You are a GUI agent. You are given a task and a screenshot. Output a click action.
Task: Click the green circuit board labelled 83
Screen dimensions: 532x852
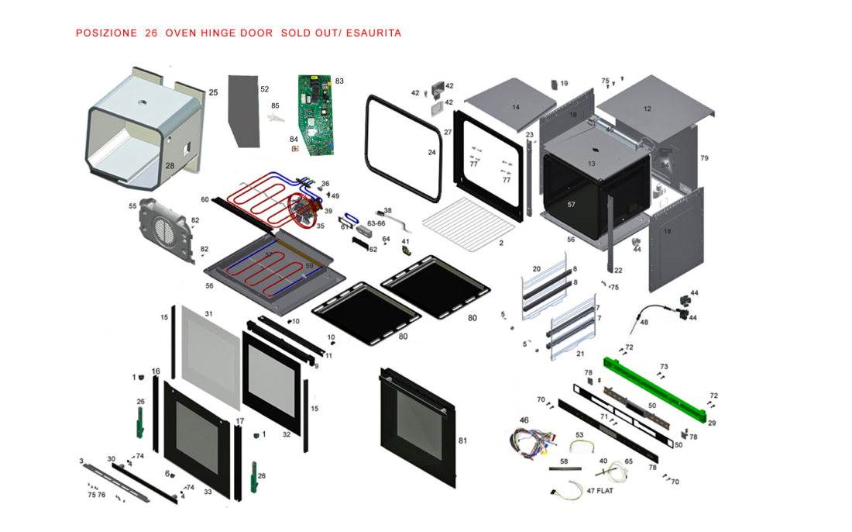pos(315,113)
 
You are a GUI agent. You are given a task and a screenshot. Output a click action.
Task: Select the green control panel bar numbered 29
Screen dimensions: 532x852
pos(658,389)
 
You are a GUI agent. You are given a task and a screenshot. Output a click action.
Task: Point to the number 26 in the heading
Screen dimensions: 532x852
pos(151,33)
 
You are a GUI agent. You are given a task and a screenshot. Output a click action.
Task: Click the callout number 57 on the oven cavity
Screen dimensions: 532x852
pos(572,205)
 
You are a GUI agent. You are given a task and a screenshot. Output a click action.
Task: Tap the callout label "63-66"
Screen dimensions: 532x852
pos(376,223)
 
